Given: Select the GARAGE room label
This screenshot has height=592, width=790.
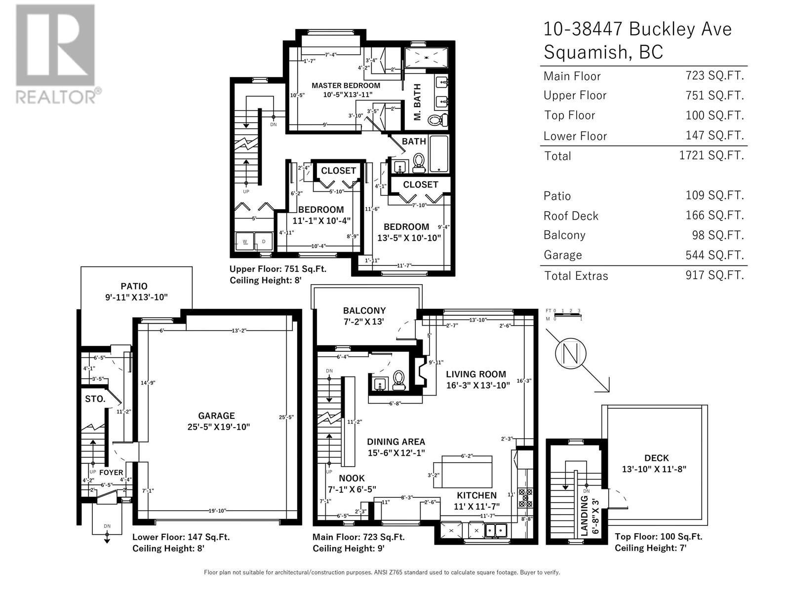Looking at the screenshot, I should coord(216,416).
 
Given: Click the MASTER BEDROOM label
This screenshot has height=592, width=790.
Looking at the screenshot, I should coord(346,85).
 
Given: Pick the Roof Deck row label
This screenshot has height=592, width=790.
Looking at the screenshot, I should coord(571,216).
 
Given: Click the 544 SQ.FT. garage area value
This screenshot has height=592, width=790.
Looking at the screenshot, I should coord(714,255).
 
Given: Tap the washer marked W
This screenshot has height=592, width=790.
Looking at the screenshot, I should coord(244,242).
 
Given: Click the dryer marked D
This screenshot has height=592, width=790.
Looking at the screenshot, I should coord(263,242).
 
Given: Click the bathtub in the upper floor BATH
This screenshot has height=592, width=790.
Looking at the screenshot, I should coord(438,153).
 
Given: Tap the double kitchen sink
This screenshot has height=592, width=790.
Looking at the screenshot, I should coord(498,530).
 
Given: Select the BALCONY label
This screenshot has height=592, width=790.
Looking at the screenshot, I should coord(364,310).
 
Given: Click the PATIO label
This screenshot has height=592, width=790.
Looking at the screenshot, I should coord(134,286).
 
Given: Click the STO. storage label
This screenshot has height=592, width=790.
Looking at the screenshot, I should coord(95,399).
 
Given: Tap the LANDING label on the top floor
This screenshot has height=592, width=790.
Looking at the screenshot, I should coord(585,515).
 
